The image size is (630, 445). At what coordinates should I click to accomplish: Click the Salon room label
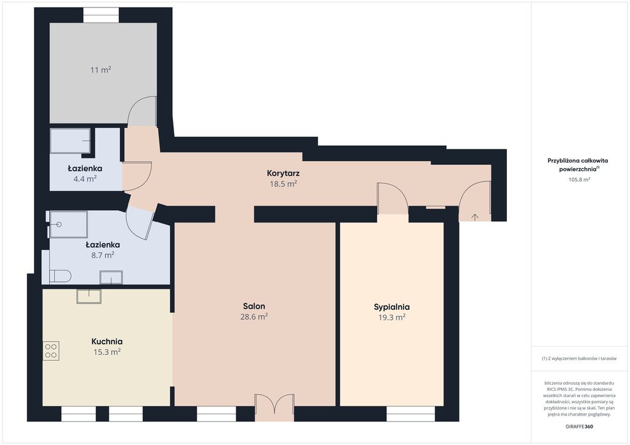254,306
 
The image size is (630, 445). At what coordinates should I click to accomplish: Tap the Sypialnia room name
392,307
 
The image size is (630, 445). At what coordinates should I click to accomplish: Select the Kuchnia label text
107,342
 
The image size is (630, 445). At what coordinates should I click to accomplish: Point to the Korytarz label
283,173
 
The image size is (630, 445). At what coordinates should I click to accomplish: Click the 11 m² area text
100,70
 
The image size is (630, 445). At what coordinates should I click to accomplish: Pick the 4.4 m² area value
85,179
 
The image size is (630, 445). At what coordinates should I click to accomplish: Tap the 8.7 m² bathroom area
103,255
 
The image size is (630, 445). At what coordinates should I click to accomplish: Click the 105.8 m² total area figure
579,179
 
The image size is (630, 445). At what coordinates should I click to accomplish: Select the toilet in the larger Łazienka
60,276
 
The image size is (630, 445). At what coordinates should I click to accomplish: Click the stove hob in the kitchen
51,351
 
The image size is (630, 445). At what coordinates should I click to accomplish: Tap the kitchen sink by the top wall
89,296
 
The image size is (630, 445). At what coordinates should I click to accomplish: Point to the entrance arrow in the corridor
474,218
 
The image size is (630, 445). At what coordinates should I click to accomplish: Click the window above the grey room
101,15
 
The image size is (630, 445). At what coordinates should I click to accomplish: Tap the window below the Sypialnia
410,414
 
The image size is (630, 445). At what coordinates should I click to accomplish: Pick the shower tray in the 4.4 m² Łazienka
70,141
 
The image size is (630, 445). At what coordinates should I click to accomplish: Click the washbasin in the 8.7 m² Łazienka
111,277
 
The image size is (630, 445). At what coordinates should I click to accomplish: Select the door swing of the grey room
142,111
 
